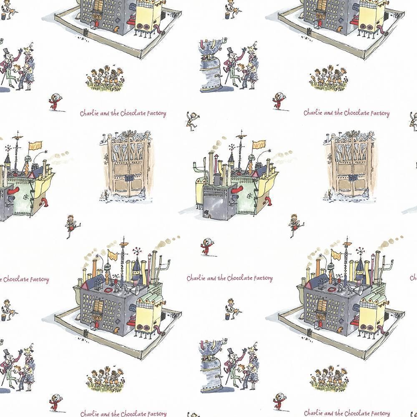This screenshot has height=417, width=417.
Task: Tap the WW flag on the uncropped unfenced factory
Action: pos(259,145)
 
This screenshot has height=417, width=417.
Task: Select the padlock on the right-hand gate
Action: pos(352,177)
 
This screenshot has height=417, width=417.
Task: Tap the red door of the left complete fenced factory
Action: pos(96,324)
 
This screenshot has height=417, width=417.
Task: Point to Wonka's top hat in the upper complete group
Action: pos(231,51)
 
